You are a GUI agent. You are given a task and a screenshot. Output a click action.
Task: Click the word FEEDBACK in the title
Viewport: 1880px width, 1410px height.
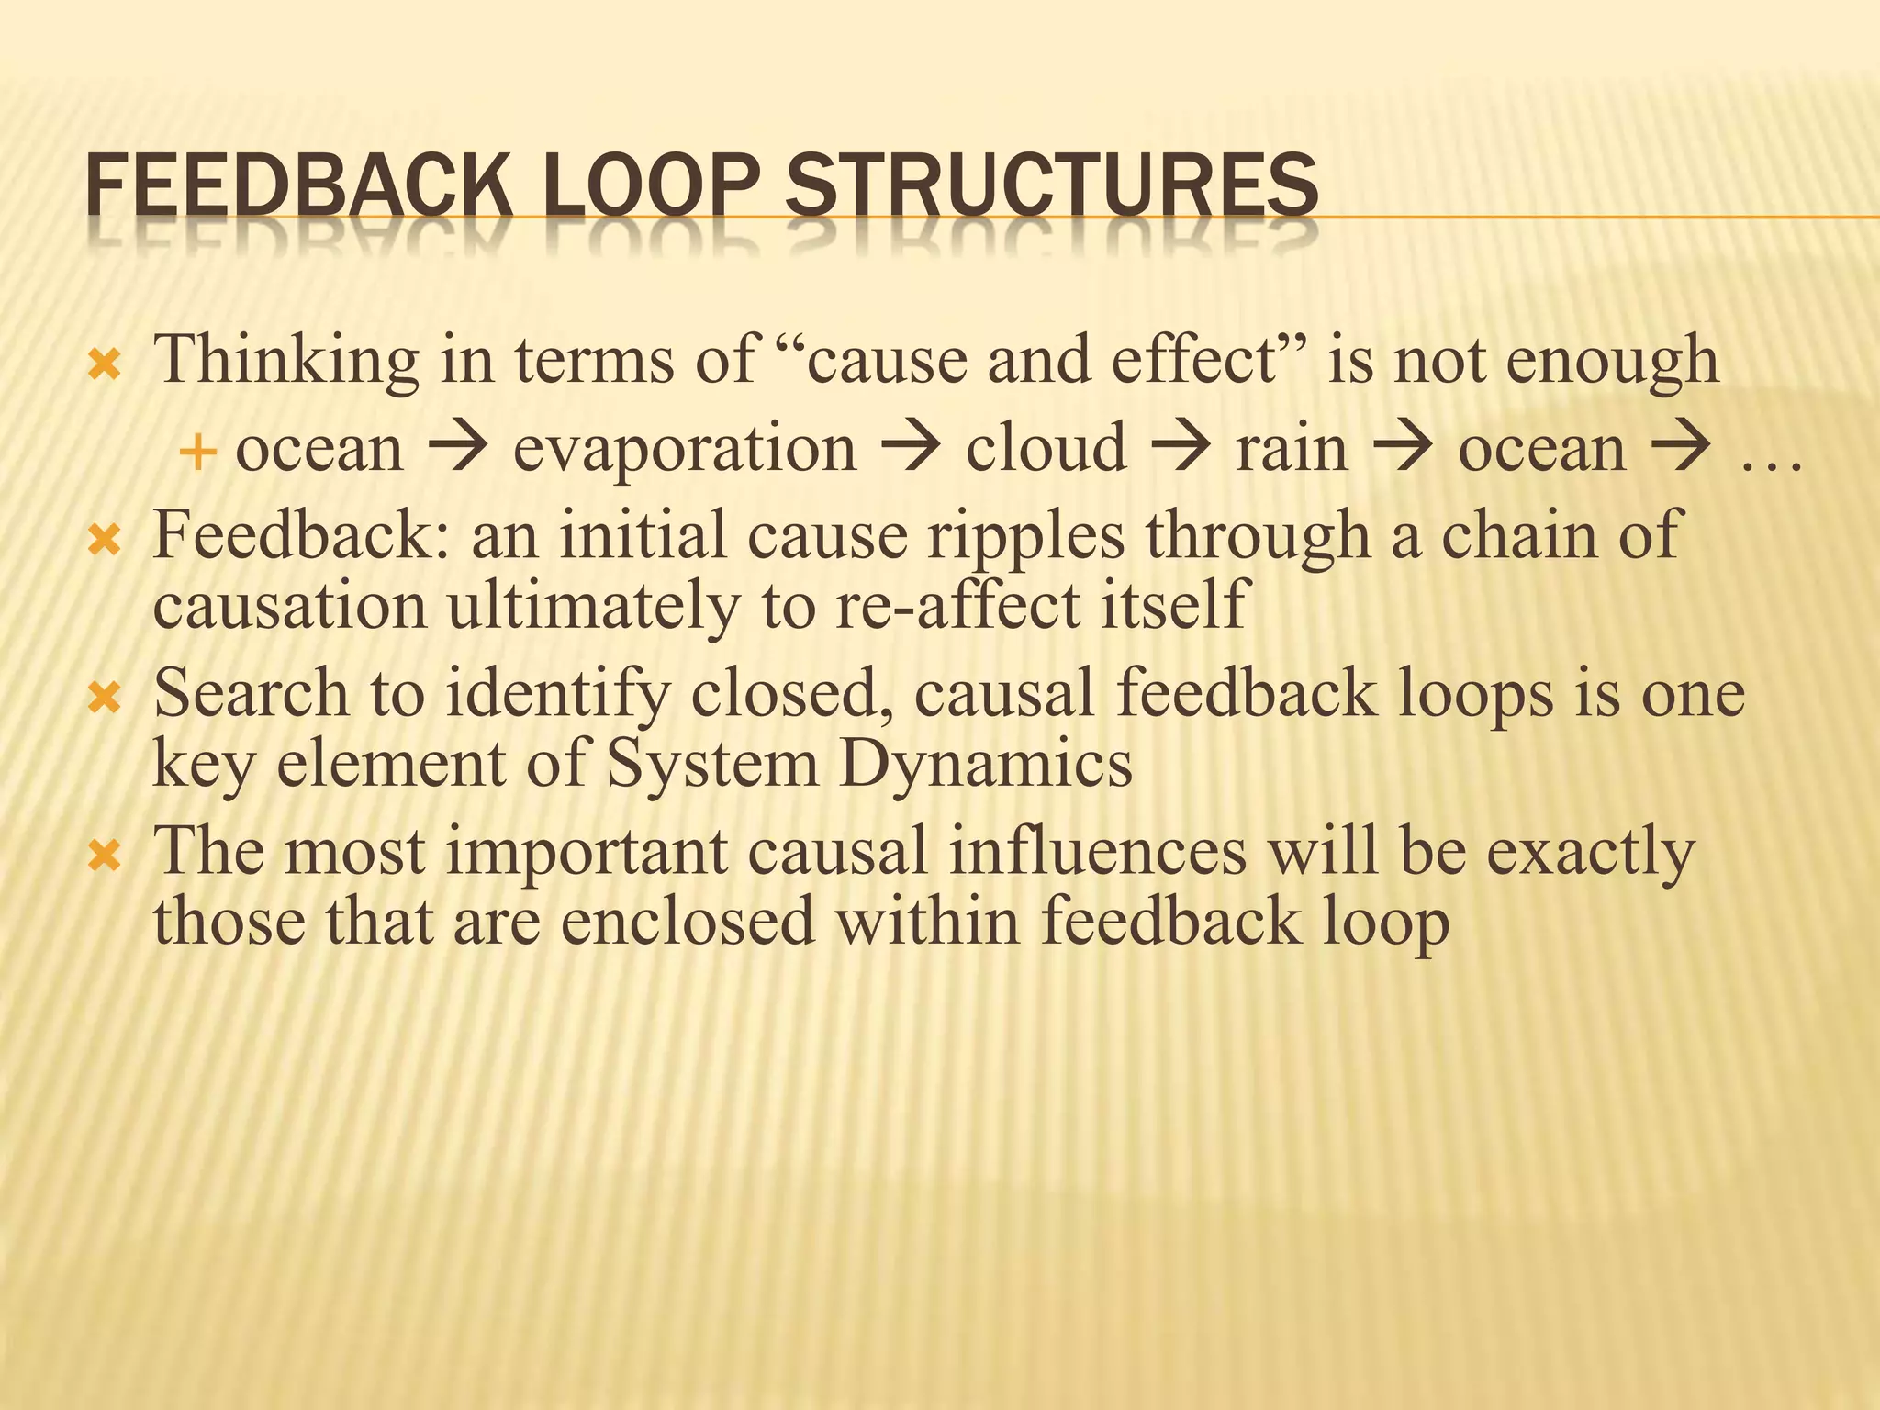point(298,186)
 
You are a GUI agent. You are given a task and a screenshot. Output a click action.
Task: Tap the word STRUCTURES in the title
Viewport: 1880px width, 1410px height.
point(1052,186)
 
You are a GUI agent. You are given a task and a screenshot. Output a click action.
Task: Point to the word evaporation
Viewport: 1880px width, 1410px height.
point(684,449)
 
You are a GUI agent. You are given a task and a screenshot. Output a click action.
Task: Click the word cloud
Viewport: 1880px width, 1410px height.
point(1046,449)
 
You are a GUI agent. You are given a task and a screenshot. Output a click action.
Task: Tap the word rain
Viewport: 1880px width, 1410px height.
point(1292,449)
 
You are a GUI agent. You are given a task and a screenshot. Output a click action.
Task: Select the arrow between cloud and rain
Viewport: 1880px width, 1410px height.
point(1181,447)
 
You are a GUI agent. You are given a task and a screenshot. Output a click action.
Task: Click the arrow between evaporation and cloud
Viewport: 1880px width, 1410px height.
point(911,447)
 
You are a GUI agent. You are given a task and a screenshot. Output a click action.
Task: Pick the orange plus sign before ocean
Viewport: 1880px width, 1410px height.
point(197,452)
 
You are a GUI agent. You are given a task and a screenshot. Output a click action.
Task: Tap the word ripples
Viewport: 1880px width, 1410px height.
point(1025,535)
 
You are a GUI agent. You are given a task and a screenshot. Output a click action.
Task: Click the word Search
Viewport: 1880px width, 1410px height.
point(251,693)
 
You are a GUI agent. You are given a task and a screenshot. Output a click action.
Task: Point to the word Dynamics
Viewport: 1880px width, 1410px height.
point(985,765)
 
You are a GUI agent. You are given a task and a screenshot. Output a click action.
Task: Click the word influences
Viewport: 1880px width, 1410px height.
point(1097,851)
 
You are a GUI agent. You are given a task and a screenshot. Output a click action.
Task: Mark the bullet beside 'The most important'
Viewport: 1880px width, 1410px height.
point(104,858)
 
